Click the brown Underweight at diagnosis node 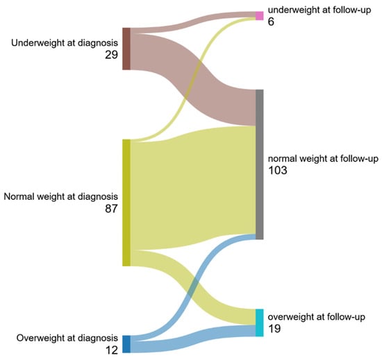click(126, 49)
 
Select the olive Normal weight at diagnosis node click(126, 203)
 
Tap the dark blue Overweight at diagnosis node click(126, 344)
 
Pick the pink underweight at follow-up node click(260, 16)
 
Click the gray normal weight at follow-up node click(260, 164)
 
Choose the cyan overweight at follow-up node click(260, 323)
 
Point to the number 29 click(111, 55)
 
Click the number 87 click(111, 209)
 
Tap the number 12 click(112, 350)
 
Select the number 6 click(271, 22)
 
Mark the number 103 click(278, 170)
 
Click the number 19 click(274, 329)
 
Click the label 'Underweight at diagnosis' click(65, 43)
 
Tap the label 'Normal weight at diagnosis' click(60, 196)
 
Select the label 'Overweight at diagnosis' click(67, 338)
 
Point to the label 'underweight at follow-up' click(319, 10)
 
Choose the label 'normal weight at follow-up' click(323, 159)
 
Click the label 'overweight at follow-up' click(317, 317)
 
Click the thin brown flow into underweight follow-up click(193, 20)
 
